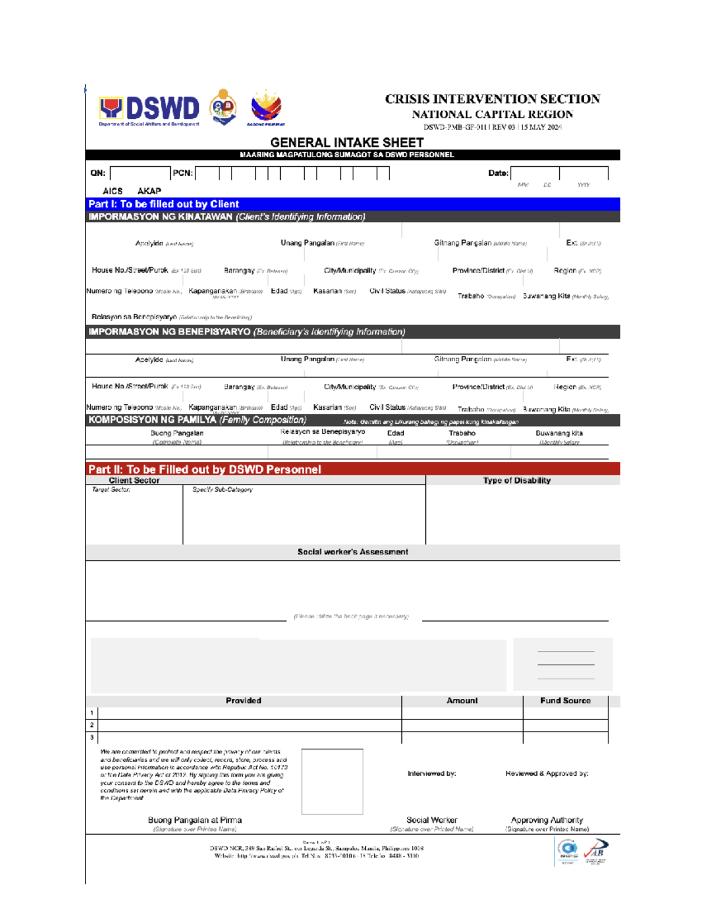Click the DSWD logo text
pyautogui.click(x=162, y=109)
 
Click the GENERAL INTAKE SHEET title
pyautogui.click(x=347, y=143)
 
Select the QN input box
pyautogui.click(x=140, y=173)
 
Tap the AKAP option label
pyautogui.click(x=149, y=191)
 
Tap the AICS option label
pyautogui.click(x=112, y=191)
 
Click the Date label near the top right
pyautogui.click(x=498, y=173)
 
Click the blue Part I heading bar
pyautogui.click(x=352, y=204)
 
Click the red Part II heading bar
pyautogui.click(x=352, y=469)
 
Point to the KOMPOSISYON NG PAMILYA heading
pyautogui.click(x=197, y=420)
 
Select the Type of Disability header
pyautogui.click(x=517, y=481)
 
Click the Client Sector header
pyautogui.click(x=134, y=481)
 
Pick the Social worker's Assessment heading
pyautogui.click(x=352, y=552)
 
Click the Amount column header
pyautogui.click(x=462, y=701)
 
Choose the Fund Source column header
pyautogui.click(x=565, y=701)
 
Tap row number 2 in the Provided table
pyautogui.click(x=92, y=725)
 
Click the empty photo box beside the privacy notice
pyautogui.click(x=332, y=781)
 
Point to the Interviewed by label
pyautogui.click(x=432, y=774)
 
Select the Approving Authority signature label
pyautogui.click(x=547, y=821)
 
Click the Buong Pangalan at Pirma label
pyautogui.click(x=195, y=821)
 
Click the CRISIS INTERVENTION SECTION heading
pyautogui.click(x=493, y=100)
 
